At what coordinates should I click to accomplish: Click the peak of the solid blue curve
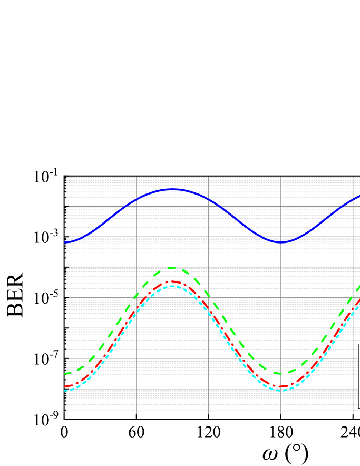click(172, 189)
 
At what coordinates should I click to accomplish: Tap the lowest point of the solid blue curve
click(282, 242)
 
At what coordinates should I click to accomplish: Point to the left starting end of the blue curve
click(65, 242)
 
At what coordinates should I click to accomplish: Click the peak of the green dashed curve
click(172, 268)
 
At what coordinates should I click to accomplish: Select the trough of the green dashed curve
click(283, 374)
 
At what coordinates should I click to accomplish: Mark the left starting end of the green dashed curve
click(65, 374)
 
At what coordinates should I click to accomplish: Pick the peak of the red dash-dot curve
click(172, 282)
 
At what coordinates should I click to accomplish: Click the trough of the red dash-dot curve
click(282, 387)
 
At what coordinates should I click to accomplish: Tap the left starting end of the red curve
click(65, 387)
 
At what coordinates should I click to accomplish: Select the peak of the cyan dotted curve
click(172, 286)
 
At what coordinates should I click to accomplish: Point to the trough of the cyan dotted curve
click(281, 390)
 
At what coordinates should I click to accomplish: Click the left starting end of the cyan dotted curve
click(65, 391)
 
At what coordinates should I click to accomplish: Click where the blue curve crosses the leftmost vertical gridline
click(137, 200)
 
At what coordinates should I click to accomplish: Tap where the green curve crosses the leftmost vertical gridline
click(137, 294)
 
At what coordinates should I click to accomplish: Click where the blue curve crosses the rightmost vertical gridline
click(353, 199)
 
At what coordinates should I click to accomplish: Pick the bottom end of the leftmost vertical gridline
click(137, 414)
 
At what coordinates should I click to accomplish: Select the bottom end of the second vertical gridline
click(209, 414)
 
